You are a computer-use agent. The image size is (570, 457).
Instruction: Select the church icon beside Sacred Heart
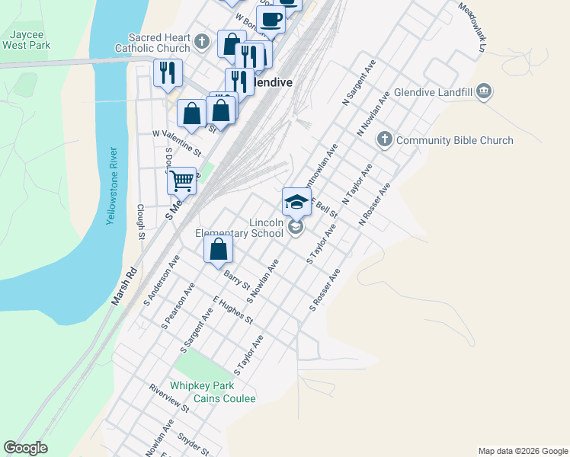pos(201,41)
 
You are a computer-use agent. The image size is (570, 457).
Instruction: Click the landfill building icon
pos(484,93)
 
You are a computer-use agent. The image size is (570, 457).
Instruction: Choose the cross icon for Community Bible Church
pos(385,140)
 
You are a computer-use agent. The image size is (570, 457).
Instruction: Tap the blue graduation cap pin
pos(296,202)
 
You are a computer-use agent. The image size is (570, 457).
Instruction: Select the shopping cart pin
pos(182,181)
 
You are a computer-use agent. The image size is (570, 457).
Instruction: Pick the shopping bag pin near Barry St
pos(218,249)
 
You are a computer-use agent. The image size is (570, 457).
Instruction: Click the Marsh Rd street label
pos(125,286)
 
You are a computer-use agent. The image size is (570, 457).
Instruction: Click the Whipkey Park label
pos(202,386)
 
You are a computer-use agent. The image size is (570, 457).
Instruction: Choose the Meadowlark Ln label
pos(472,27)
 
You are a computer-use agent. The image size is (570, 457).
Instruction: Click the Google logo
pos(25,448)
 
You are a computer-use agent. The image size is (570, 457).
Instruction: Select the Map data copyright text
pos(522,451)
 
